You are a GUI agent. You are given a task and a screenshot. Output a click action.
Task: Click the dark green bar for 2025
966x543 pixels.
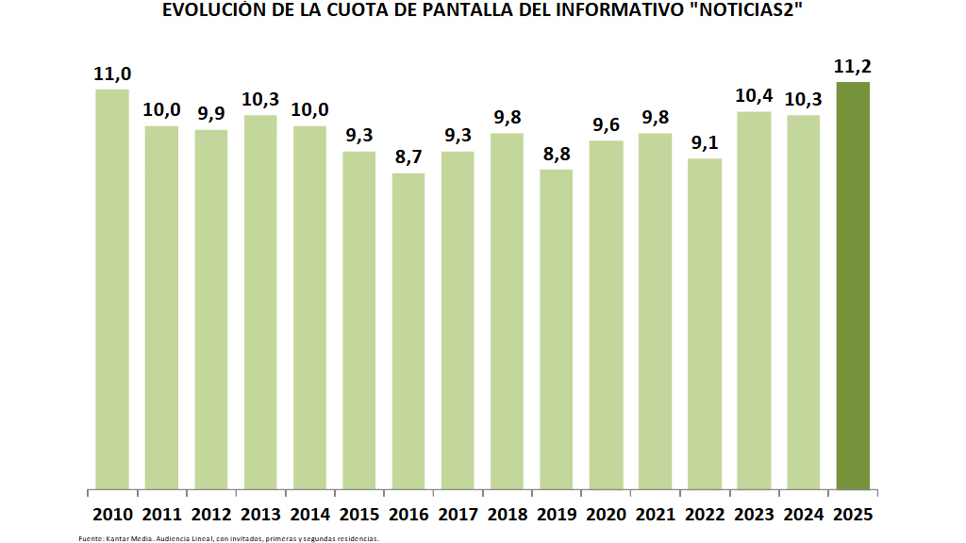(853, 286)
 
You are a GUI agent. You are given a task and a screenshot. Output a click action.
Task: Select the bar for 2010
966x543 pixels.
(112, 289)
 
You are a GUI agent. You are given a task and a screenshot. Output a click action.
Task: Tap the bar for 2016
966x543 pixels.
(408, 331)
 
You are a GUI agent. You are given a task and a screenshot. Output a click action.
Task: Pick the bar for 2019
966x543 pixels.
(557, 330)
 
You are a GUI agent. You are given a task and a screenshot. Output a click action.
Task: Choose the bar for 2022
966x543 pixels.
(705, 324)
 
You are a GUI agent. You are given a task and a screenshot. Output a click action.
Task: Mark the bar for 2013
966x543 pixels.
(260, 303)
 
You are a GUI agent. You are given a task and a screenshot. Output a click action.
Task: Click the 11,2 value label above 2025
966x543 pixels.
(853, 66)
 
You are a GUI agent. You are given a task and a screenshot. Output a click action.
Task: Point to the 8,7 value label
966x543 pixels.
(408, 156)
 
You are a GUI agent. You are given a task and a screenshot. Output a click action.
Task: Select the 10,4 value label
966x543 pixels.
(754, 95)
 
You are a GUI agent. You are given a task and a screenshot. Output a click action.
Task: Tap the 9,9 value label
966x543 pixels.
(211, 113)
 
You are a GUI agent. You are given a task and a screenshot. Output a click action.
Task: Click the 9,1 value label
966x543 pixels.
(705, 142)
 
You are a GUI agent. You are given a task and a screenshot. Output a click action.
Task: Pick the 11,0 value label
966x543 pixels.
(112, 74)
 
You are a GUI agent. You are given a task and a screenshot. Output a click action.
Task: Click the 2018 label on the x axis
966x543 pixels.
(508, 515)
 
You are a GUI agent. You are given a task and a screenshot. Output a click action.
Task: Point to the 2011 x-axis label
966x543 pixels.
(162, 515)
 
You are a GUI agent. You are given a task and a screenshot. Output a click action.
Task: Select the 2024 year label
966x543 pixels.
(804, 515)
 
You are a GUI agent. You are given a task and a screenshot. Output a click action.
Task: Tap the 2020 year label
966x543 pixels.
(606, 515)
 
